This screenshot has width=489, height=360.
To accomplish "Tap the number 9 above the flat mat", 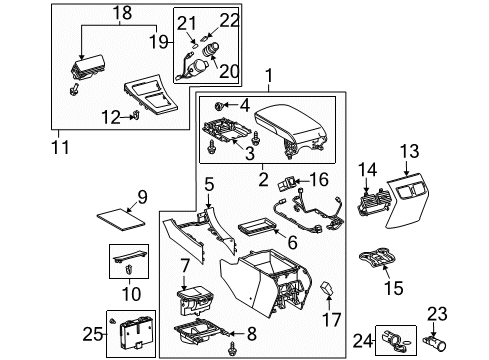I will [x=141, y=196].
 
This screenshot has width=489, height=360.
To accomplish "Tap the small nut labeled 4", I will [x=219, y=104].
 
